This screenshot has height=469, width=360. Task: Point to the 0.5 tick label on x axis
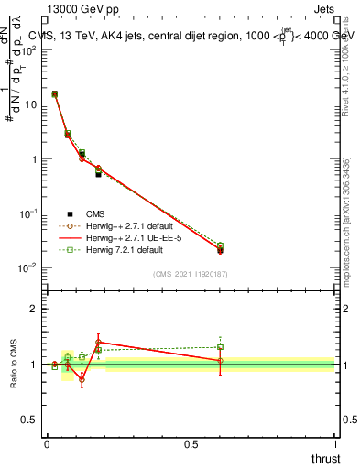tap(190, 444)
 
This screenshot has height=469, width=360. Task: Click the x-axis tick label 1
tap(334, 444)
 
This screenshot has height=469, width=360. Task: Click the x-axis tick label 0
tap(47, 444)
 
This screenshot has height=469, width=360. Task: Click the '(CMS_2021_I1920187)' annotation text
tap(190, 274)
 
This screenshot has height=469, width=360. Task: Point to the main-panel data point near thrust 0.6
tap(220, 249)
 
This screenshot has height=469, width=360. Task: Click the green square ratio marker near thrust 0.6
tap(220, 347)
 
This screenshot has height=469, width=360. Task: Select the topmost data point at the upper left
tap(54, 94)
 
